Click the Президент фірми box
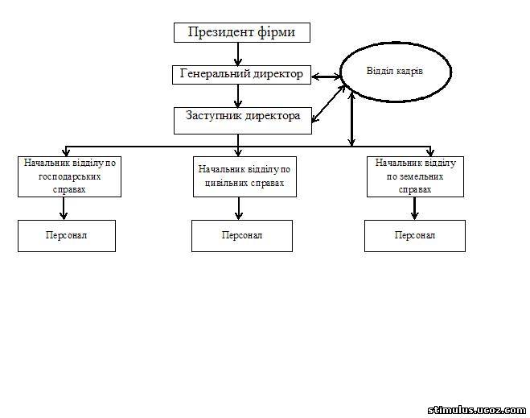(242, 32)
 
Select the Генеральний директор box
(241, 75)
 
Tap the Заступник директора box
(243, 121)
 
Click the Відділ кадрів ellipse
(396, 72)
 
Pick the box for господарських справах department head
(69, 176)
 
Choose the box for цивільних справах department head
(244, 176)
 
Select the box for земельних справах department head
(416, 176)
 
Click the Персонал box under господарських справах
(67, 236)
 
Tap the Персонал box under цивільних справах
(242, 236)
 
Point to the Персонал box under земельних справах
(415, 236)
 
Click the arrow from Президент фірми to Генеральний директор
(238, 54)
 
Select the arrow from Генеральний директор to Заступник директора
(238, 96)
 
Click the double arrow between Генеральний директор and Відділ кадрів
(326, 77)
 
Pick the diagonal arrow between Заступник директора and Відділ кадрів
(329, 103)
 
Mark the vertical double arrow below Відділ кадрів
(352, 119)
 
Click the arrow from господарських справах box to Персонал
(64, 209)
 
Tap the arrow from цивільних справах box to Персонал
(239, 209)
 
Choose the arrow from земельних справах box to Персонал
(415, 209)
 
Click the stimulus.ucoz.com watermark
(477, 410)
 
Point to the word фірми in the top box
(276, 32)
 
